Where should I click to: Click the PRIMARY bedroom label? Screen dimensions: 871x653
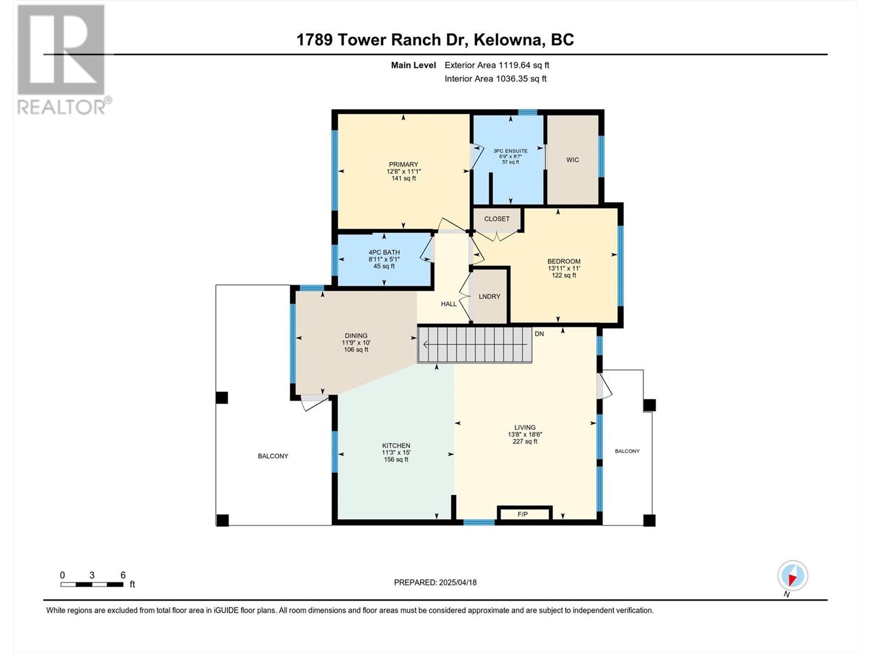coord(403,164)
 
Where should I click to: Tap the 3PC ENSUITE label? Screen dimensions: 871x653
coord(510,151)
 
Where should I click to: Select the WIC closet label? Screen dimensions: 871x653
coord(573,160)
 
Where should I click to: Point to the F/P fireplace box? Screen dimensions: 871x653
coord(524,514)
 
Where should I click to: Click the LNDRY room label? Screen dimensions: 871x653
coord(489,297)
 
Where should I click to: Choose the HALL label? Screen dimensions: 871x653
coord(449,304)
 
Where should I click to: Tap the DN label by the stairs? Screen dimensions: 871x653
coord(539,334)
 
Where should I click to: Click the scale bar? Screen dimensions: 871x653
coord(91,584)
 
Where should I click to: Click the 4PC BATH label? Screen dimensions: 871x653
coord(384,252)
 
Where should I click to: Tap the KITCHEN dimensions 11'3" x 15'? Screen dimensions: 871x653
coord(396,452)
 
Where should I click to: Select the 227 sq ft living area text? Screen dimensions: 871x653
coord(525,441)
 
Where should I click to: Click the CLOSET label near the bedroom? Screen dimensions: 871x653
coord(497,219)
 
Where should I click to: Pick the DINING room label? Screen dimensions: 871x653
coord(356,335)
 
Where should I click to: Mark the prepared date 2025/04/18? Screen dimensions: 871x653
coord(457,582)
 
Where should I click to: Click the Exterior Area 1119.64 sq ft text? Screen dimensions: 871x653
coord(497,65)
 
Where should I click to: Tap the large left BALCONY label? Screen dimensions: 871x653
coord(273,456)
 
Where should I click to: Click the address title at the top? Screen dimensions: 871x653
coord(436,40)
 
